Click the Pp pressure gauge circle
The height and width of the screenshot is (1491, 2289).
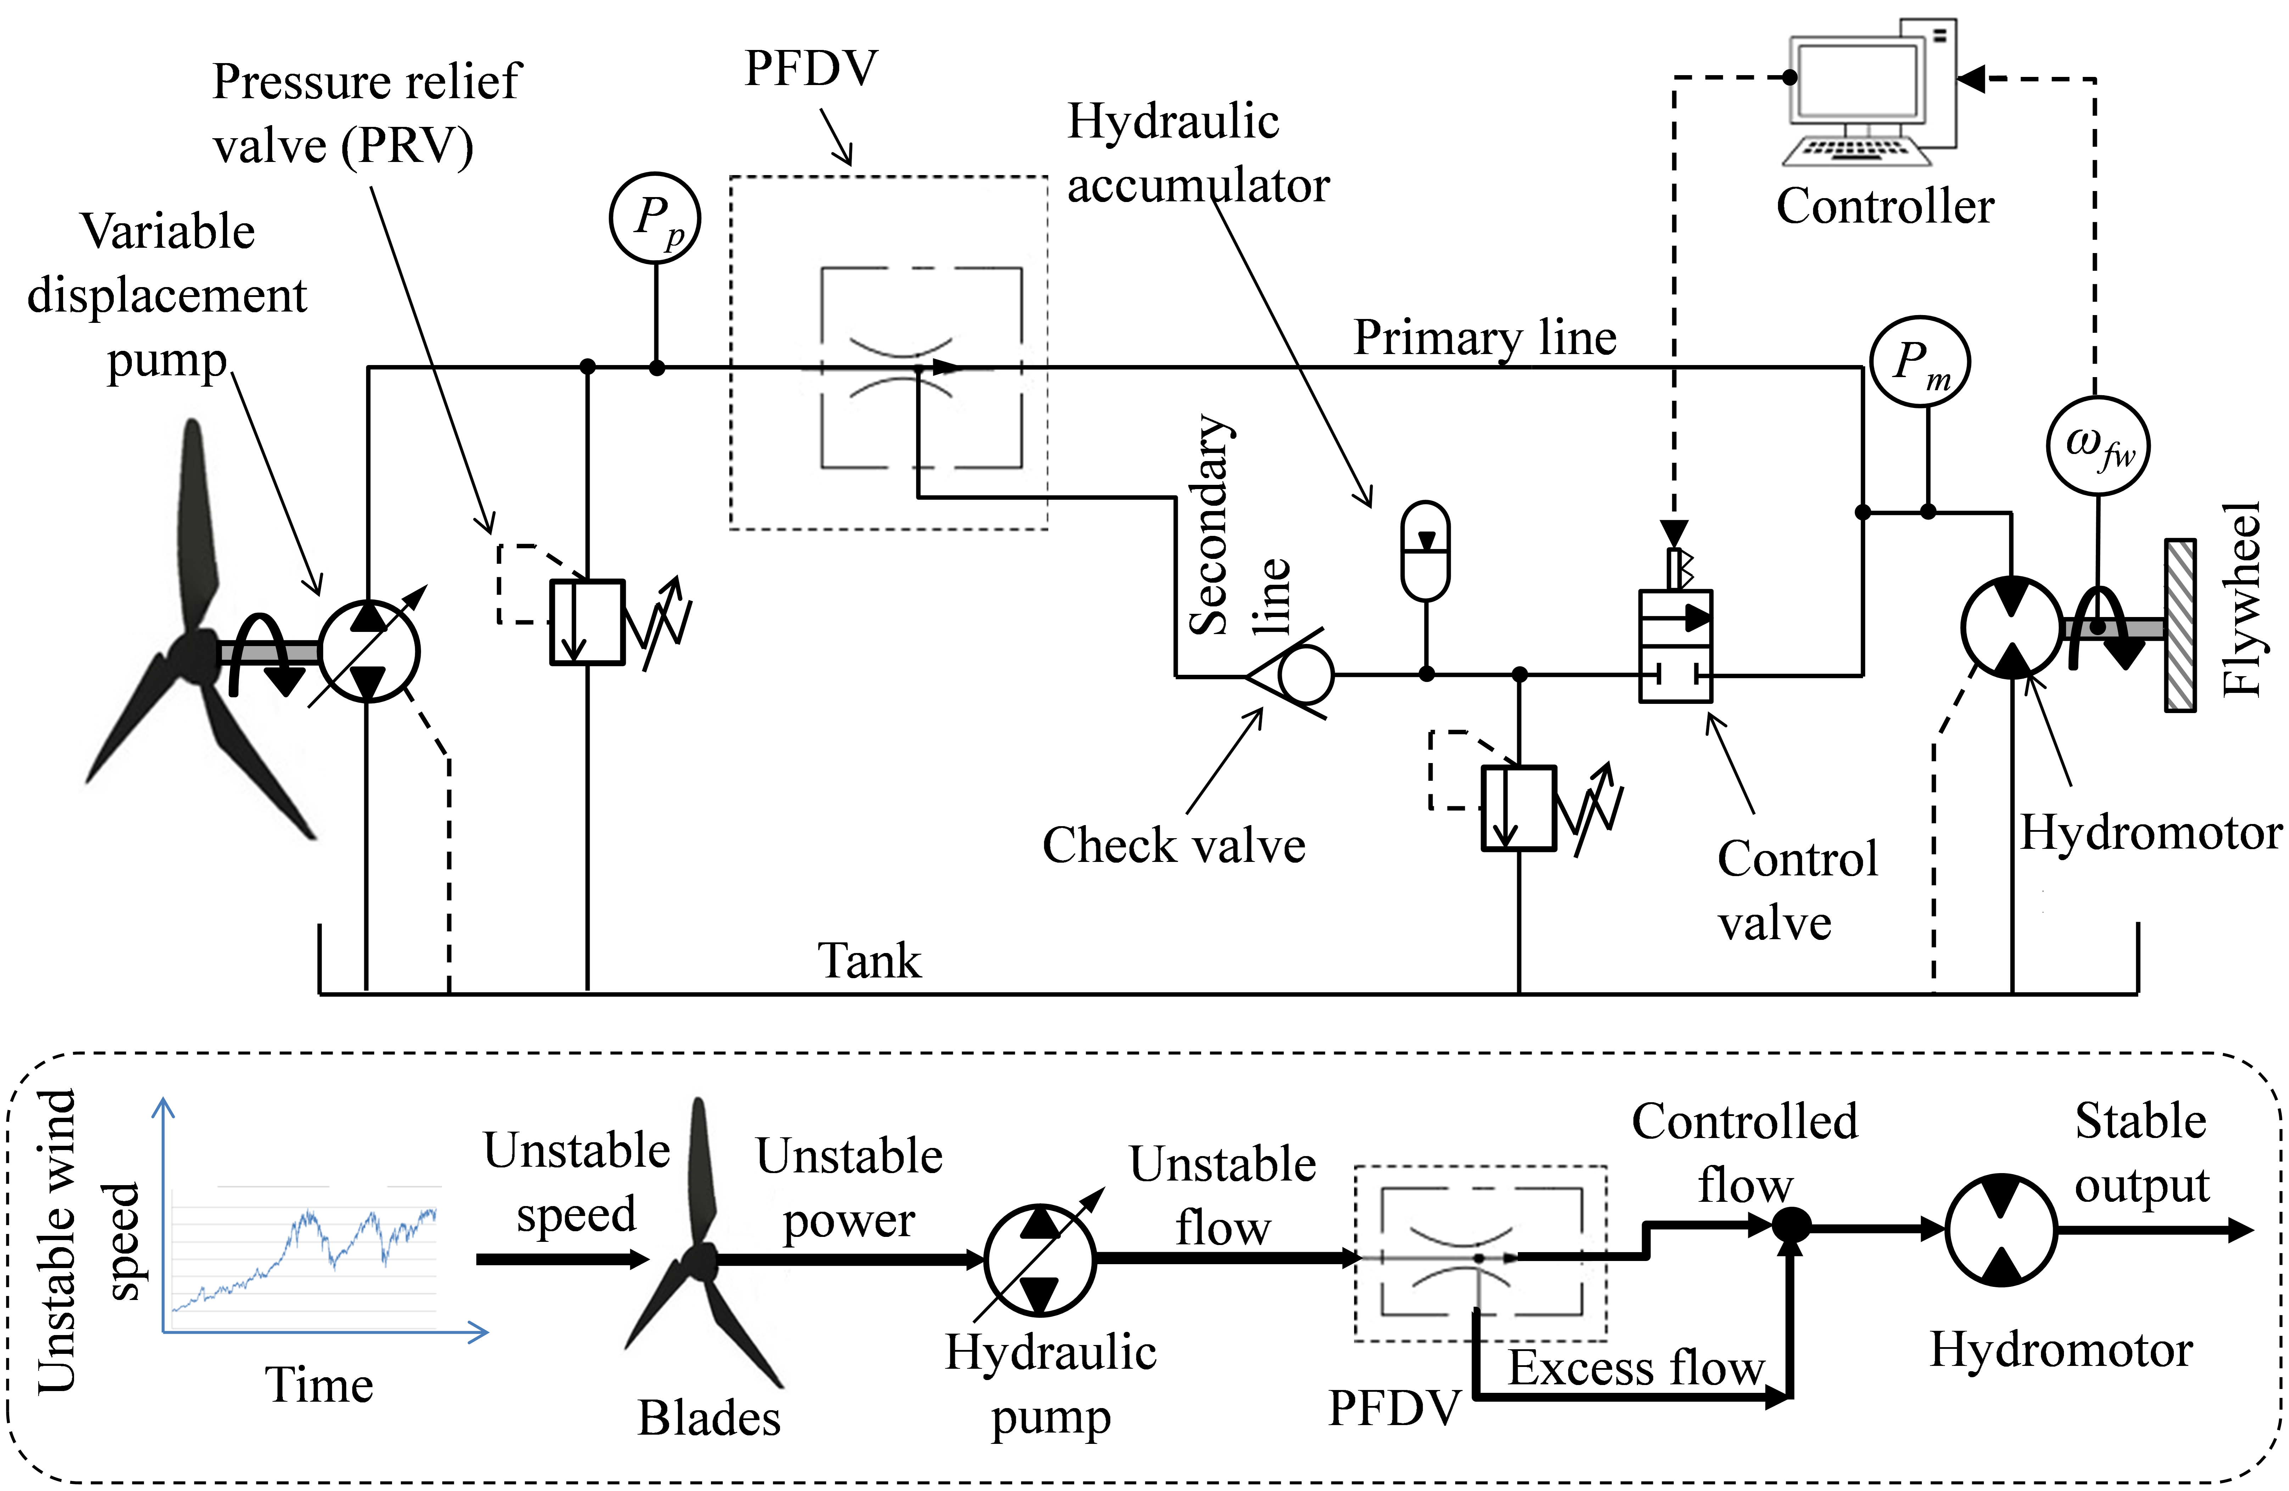655,218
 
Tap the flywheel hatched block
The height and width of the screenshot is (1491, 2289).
2179,625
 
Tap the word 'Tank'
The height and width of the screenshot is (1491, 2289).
868,960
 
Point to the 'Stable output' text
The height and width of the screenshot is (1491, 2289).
2141,1153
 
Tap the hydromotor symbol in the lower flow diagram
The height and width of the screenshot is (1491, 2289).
2000,1229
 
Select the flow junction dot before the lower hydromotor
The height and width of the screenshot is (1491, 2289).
1791,1226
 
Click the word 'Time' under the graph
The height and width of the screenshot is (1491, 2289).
318,1385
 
